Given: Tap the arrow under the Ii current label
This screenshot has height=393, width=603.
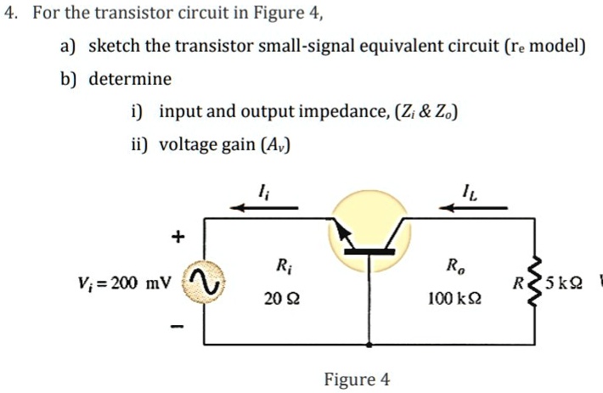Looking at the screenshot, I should [x=267, y=205].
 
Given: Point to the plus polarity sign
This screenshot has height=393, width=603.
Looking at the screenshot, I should [x=178, y=239].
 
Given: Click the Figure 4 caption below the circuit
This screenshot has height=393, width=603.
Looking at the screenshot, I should [x=357, y=379].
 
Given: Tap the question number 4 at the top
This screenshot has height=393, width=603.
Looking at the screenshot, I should [x=9, y=14].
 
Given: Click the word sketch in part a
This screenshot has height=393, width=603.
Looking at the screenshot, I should [x=115, y=46].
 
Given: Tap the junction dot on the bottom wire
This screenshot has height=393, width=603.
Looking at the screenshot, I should [x=369, y=345].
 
